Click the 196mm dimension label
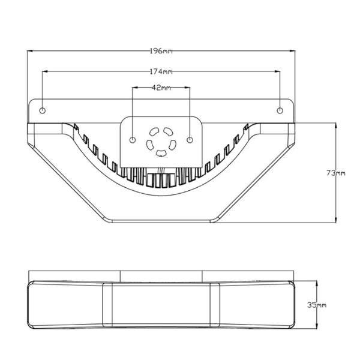(x=161, y=51)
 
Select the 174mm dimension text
(x=161, y=72)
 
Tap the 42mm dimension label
(x=161, y=88)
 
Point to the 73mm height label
(x=335, y=173)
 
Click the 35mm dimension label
(x=317, y=305)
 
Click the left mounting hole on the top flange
(x=43, y=110)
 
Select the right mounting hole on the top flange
(x=280, y=110)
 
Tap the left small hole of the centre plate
(x=133, y=140)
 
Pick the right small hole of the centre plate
(x=190, y=140)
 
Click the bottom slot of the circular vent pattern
(x=161, y=153)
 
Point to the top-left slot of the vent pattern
(x=154, y=132)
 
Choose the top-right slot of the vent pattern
(x=168, y=131)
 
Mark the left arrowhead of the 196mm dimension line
(x=29, y=51)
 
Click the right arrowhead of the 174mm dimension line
(x=277, y=71)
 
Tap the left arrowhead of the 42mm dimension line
(x=135, y=88)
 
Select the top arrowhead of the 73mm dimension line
(x=336, y=126)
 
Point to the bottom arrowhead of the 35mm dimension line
(x=317, y=326)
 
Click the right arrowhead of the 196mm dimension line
(x=293, y=51)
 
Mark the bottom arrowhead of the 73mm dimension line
(x=336, y=220)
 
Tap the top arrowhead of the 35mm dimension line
(x=317, y=284)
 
